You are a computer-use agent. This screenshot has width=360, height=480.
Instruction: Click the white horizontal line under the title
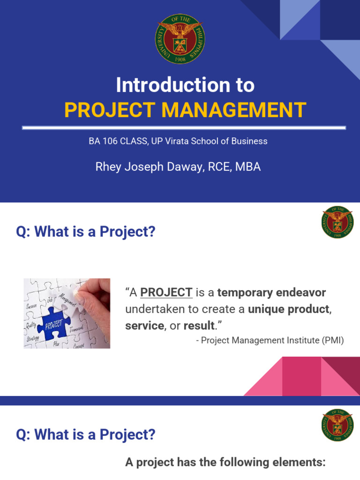184,127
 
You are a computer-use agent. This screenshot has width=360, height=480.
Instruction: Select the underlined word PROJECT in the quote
166,293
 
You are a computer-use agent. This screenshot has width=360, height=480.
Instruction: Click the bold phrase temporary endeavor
271,293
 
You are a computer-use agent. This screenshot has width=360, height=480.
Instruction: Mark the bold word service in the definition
144,326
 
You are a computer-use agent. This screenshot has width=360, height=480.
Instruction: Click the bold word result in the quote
199,326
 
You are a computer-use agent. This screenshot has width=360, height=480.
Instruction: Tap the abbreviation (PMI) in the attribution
331,341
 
